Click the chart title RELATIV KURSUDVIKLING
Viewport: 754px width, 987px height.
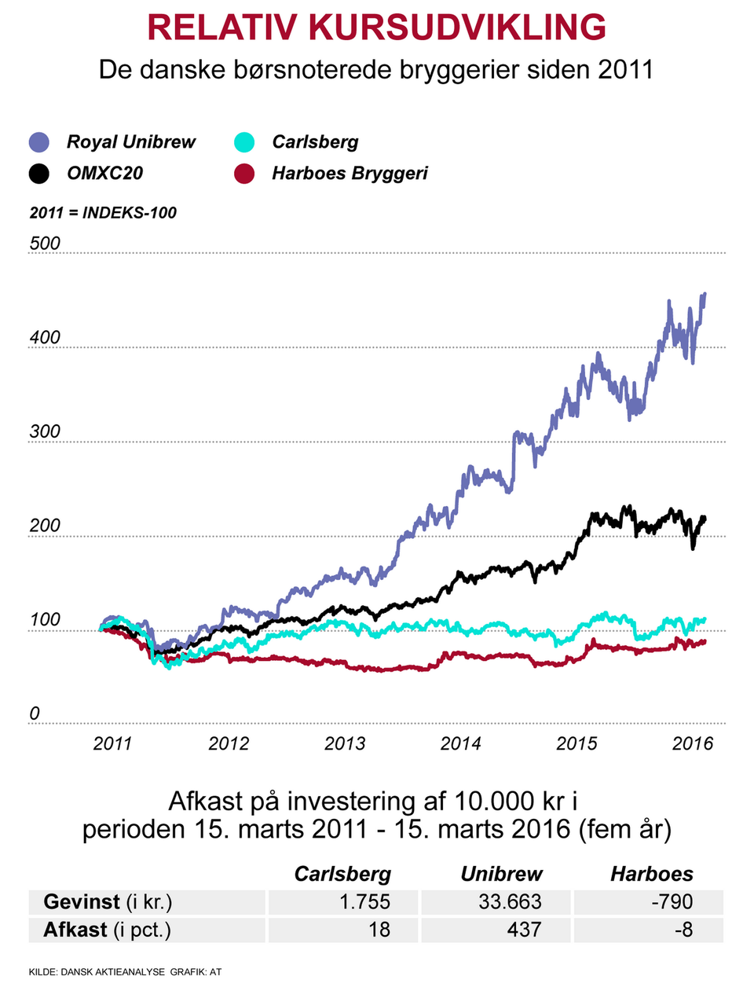376,28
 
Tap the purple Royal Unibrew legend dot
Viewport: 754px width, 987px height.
39,142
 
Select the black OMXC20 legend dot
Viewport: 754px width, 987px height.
39,174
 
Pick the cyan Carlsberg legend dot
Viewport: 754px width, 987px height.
244,142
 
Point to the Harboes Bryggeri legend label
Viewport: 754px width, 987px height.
350,174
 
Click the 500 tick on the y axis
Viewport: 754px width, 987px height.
45,244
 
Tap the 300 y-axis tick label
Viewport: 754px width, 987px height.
45,431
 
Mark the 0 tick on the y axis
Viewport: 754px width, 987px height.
35,714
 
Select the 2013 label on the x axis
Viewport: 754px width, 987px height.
345,743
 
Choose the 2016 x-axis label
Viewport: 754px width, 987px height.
693,743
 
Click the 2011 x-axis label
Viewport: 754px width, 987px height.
112,743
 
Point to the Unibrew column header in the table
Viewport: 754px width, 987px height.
501,874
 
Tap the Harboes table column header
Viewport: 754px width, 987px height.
652,874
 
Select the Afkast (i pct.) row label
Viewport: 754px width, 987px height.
107,930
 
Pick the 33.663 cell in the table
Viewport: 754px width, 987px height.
510,902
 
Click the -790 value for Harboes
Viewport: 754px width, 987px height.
672,902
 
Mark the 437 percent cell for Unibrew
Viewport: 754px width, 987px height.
524,930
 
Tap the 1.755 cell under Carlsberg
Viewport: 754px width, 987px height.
364,902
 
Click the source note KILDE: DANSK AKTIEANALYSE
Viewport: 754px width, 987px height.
97,972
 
